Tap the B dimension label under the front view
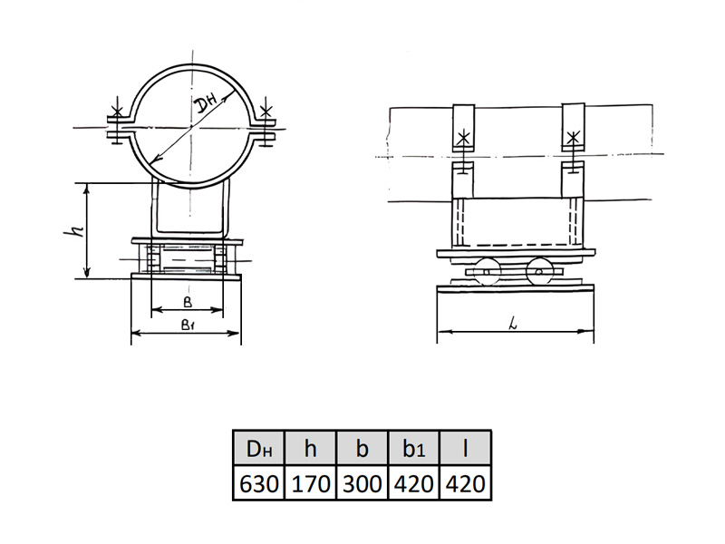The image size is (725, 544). click(x=188, y=303)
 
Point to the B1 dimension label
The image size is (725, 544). click(x=188, y=325)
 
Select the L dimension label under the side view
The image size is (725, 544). click(x=512, y=325)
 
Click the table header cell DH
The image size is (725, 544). click(x=259, y=448)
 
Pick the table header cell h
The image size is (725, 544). click(x=310, y=448)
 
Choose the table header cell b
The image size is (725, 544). click(x=362, y=448)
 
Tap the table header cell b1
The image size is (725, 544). click(x=413, y=448)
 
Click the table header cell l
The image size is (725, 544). click(x=465, y=448)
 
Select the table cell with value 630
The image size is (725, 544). click(x=259, y=483)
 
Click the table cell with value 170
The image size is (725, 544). click(x=310, y=483)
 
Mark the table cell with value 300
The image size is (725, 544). click(x=362, y=483)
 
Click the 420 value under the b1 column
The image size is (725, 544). click(x=413, y=483)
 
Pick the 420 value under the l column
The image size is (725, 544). click(x=465, y=483)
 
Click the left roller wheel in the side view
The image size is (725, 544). click(x=487, y=271)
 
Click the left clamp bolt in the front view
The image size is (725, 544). click(x=118, y=121)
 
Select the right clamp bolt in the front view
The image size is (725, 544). click(x=266, y=122)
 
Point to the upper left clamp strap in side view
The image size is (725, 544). click(x=464, y=128)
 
